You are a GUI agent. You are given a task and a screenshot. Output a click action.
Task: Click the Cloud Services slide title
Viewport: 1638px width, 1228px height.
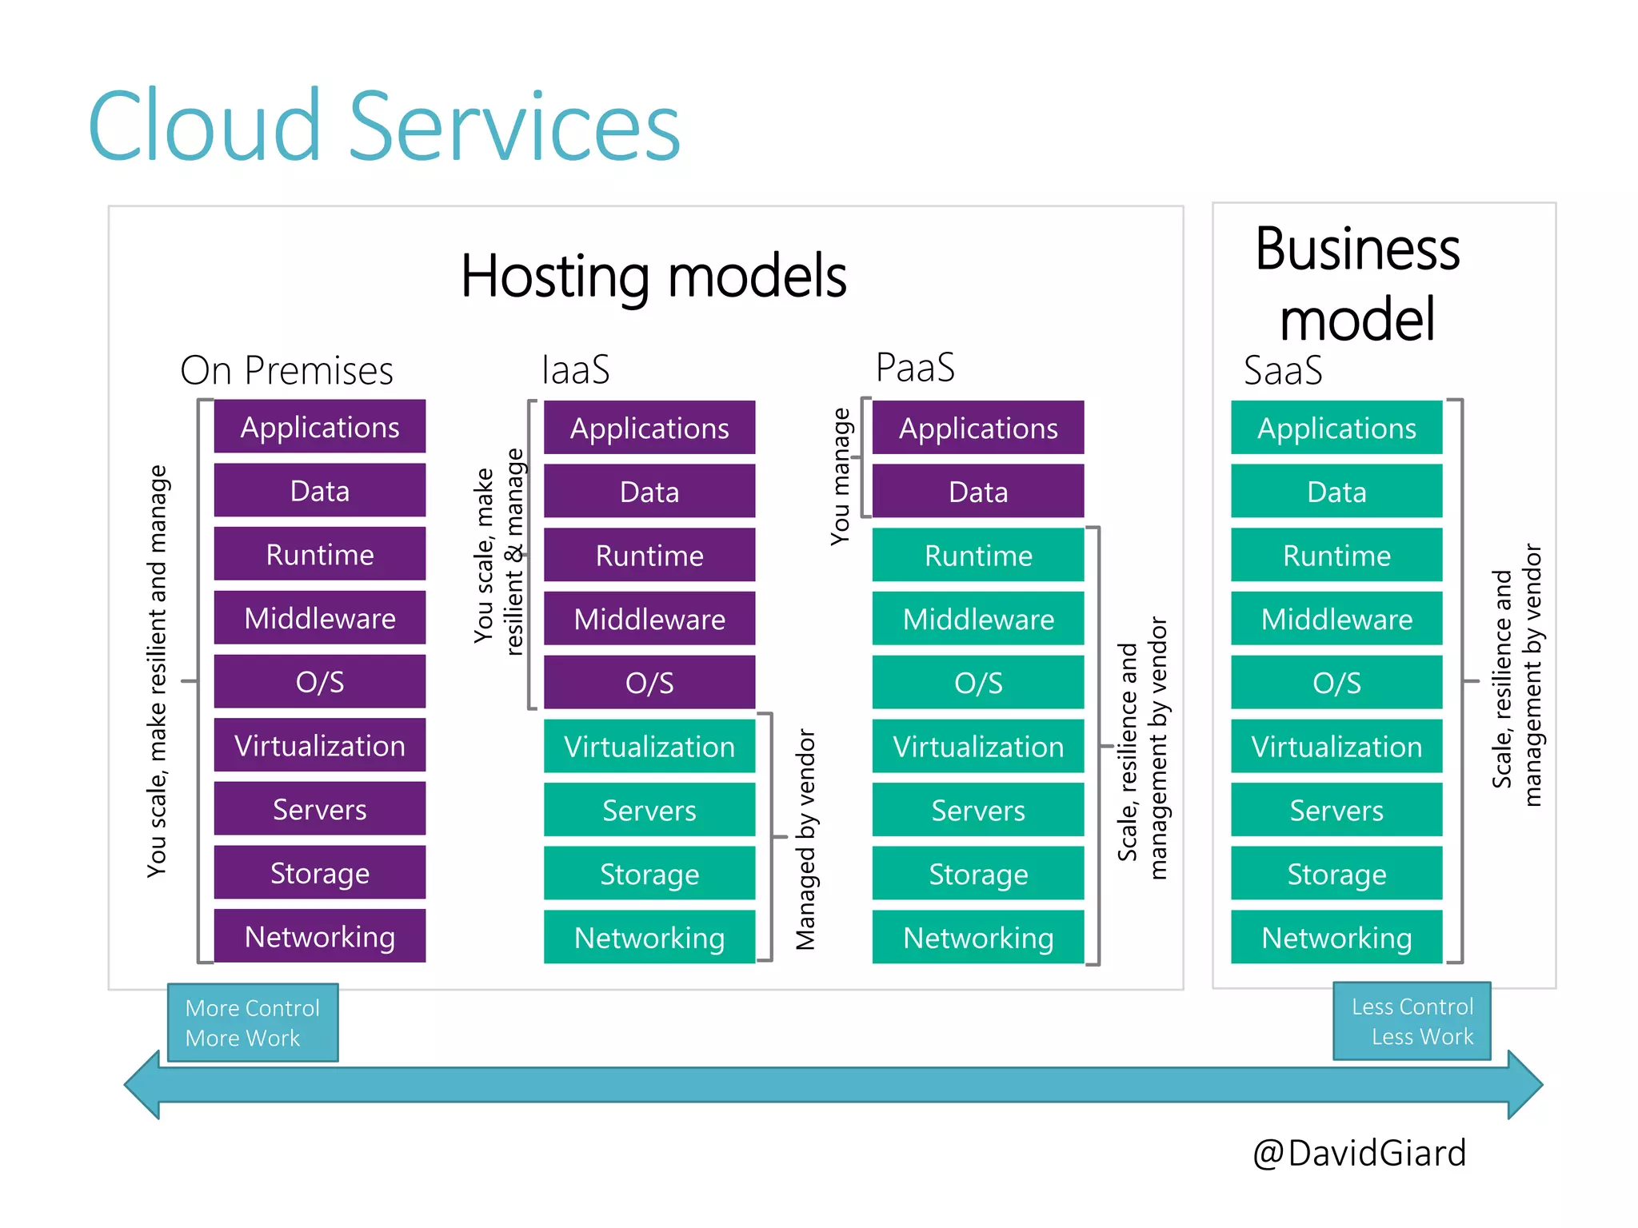(384, 126)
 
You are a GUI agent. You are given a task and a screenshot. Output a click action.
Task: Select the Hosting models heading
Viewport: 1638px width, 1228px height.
(653, 277)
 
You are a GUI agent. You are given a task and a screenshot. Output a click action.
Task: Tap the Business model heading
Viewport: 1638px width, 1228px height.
(1357, 284)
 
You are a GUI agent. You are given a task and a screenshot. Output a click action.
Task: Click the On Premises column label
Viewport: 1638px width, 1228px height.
(286, 371)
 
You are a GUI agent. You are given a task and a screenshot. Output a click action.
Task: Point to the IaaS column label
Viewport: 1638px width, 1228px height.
(576, 370)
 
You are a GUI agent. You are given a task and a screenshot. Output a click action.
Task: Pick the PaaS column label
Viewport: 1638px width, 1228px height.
(915, 368)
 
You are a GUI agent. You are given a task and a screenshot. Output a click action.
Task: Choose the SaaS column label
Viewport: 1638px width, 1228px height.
(1283, 371)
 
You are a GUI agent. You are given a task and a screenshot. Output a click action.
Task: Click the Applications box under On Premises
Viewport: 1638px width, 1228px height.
(320, 427)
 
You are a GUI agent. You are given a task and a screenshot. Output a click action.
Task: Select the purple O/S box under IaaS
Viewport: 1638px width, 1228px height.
(649, 683)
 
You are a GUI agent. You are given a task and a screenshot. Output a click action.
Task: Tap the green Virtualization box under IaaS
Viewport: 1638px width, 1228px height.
(649, 747)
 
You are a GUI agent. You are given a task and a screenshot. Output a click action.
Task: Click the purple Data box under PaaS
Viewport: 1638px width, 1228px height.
(978, 492)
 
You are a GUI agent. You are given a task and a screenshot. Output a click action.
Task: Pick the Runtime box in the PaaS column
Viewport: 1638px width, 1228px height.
(978, 556)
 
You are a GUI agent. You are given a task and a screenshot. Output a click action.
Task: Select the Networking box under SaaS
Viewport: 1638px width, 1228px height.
(1336, 938)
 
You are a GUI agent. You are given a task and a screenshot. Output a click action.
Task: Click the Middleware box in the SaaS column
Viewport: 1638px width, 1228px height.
(1336, 620)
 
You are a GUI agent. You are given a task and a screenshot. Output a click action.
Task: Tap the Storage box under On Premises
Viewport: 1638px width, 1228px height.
(320, 873)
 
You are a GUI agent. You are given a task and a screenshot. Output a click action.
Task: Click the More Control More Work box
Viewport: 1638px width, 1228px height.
(253, 1023)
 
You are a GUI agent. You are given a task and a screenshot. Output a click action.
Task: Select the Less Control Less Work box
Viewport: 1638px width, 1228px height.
(1412, 1021)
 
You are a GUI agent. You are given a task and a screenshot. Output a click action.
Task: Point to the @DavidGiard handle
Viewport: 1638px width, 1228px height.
(1359, 1154)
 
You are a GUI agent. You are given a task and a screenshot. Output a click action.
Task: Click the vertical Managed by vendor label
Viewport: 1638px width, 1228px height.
(805, 839)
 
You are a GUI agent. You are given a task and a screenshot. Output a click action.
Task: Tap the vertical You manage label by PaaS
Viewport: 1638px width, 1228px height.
(841, 476)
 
